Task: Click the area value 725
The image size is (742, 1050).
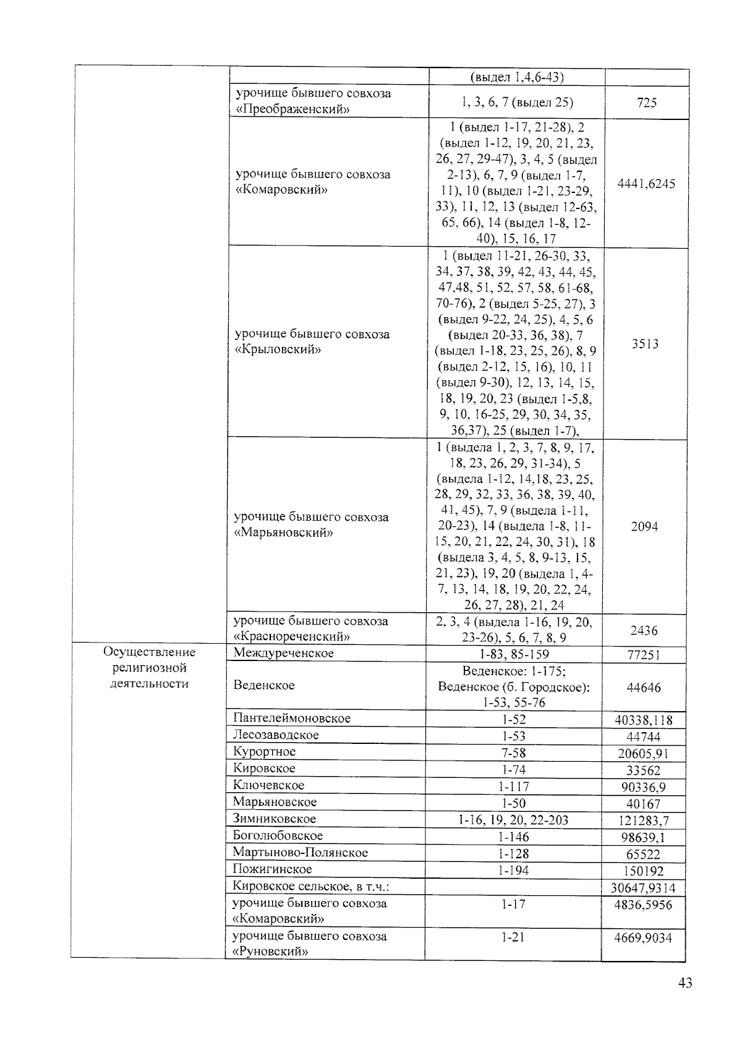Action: [646, 103]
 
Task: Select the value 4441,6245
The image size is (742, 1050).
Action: [646, 184]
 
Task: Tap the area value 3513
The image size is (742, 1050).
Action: [645, 344]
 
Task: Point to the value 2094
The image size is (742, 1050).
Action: [644, 526]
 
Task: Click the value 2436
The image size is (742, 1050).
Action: [644, 631]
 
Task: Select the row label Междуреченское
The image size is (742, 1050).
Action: [283, 653]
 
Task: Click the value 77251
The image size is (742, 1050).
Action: [644, 655]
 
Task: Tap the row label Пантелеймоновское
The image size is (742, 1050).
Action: [291, 719]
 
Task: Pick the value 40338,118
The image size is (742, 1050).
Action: [644, 720]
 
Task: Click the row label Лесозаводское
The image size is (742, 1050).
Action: [276, 735]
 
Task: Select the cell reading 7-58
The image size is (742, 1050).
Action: [513, 753]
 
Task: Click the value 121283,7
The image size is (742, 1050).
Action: [644, 821]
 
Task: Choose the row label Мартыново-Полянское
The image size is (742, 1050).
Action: [300, 853]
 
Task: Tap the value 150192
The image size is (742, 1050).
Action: [644, 871]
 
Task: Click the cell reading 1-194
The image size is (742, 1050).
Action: [513, 870]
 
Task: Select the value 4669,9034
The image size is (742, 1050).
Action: [644, 938]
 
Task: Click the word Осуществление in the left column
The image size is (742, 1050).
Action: [149, 652]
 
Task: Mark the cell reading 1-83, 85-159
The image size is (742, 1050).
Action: [513, 654]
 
